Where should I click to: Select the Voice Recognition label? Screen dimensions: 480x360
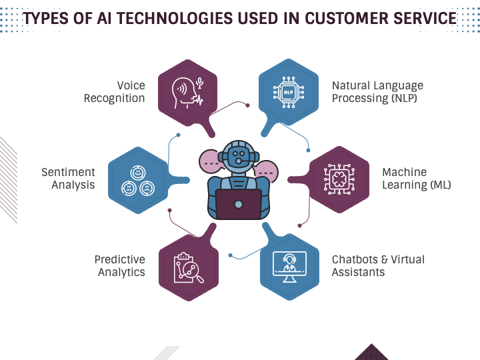click(x=115, y=92)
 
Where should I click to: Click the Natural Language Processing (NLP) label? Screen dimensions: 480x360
click(x=377, y=92)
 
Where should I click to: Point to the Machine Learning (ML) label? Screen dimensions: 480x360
click(x=416, y=179)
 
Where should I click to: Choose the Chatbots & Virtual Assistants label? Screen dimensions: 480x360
click(x=378, y=266)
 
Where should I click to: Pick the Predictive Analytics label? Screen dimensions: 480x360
click(x=120, y=266)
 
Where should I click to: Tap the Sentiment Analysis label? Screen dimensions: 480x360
click(x=68, y=179)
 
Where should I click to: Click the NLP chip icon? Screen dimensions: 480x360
click(x=289, y=92)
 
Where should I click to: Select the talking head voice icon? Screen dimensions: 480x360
click(x=187, y=93)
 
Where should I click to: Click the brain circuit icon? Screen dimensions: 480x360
click(x=339, y=179)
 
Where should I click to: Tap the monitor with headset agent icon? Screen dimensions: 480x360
click(x=289, y=267)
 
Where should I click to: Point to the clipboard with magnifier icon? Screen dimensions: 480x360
click(x=188, y=268)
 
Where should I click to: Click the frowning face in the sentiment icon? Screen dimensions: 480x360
click(x=147, y=188)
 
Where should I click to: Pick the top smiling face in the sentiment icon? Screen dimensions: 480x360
click(x=138, y=173)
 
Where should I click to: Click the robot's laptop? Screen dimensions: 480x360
click(x=239, y=204)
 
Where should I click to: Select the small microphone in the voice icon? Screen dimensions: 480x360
click(x=199, y=83)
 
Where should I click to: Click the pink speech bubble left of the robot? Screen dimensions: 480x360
click(x=211, y=161)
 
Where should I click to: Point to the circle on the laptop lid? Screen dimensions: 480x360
click(x=239, y=204)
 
